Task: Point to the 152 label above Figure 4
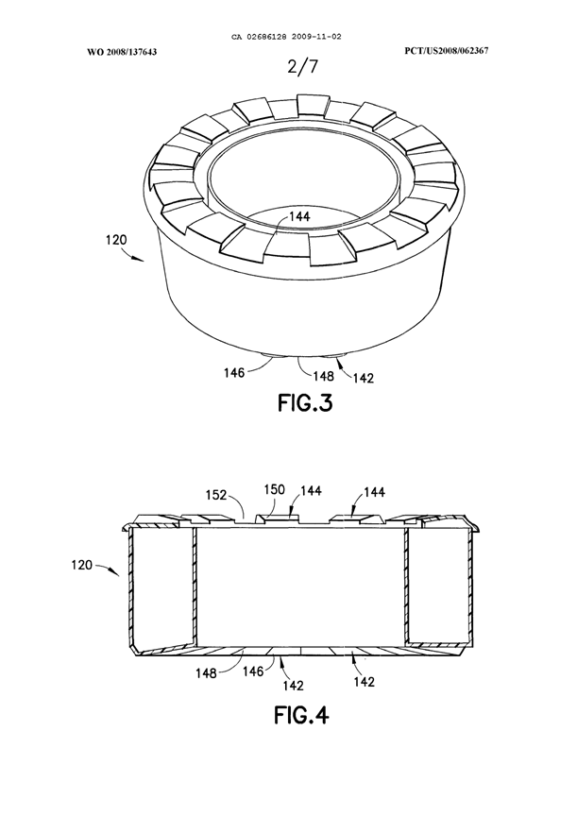(x=217, y=494)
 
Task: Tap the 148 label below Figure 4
(x=205, y=672)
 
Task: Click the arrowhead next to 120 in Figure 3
(x=144, y=258)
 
